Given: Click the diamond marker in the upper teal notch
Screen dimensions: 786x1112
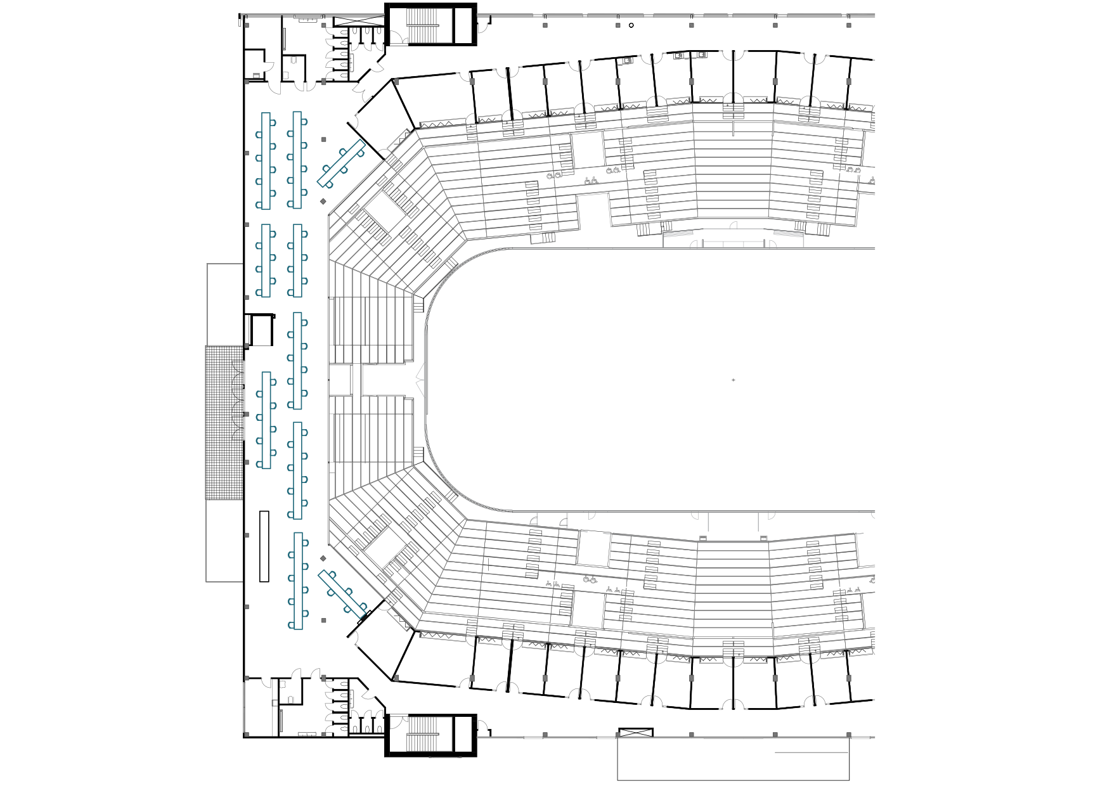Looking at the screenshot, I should point(323,202).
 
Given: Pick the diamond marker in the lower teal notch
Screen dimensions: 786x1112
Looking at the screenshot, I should point(323,559).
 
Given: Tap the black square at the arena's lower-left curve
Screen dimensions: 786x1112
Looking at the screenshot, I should point(417,460).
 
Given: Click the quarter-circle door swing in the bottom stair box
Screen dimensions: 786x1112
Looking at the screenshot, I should point(400,726).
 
